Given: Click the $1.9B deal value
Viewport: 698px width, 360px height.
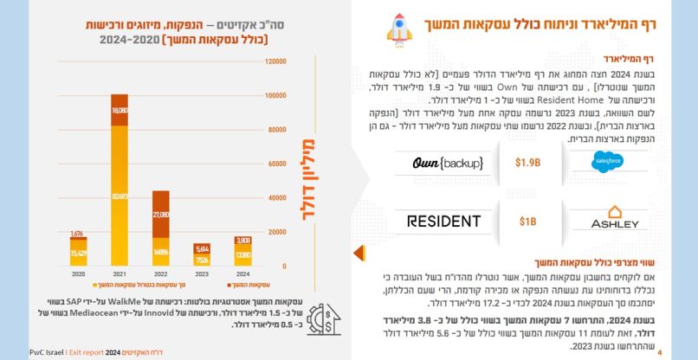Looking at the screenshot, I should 528,163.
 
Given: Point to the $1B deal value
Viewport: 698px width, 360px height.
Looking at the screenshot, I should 528,222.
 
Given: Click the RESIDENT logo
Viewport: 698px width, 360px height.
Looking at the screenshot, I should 443,222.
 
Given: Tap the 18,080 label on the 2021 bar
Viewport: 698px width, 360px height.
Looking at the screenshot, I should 120,112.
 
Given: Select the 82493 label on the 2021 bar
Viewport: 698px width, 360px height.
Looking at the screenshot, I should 120,197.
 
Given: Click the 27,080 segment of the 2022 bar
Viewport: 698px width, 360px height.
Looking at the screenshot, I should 160,213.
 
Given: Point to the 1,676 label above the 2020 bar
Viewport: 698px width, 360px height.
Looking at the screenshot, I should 78,234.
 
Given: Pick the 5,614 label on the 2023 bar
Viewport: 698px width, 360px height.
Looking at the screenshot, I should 201,247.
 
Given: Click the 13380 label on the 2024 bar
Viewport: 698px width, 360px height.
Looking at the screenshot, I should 242,255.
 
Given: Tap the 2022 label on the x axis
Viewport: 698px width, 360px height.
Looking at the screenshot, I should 160,273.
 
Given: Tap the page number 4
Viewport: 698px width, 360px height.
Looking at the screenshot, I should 660,352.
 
